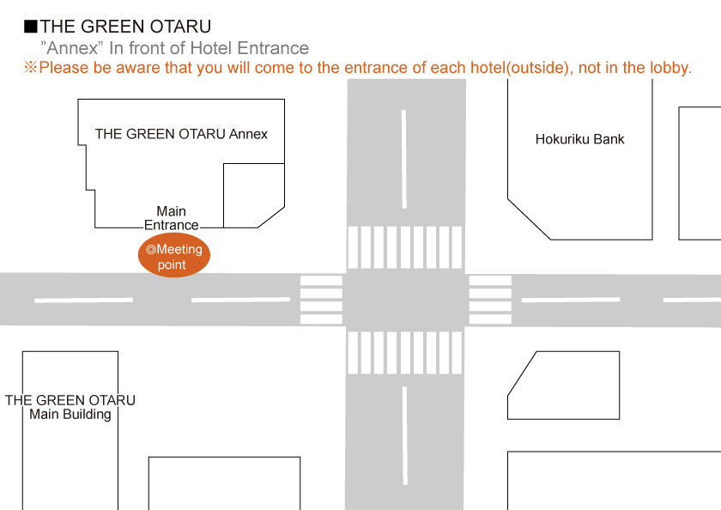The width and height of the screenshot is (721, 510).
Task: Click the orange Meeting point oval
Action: [x=174, y=257]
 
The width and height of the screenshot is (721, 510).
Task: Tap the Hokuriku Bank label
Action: [x=579, y=139]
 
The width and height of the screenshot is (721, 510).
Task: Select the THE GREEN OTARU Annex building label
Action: [x=181, y=134]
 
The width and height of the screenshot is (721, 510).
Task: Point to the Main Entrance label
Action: [x=171, y=218]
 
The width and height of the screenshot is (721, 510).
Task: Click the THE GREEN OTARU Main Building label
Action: [x=70, y=407]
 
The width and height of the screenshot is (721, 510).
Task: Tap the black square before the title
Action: [x=30, y=27]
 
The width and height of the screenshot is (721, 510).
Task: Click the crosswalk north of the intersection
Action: [x=405, y=247]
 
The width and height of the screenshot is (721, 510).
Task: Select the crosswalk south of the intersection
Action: [x=405, y=353]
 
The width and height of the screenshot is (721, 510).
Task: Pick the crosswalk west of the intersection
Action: [x=321, y=300]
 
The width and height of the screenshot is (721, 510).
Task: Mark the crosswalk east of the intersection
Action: [x=490, y=300]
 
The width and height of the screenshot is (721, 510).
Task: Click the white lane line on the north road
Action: [x=404, y=158]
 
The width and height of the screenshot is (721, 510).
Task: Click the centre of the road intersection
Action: [x=405, y=300]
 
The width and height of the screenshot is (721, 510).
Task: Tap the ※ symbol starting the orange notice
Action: [x=31, y=68]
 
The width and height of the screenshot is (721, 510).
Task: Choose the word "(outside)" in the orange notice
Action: [x=537, y=68]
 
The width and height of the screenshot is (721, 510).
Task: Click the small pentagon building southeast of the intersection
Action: [x=562, y=386]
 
